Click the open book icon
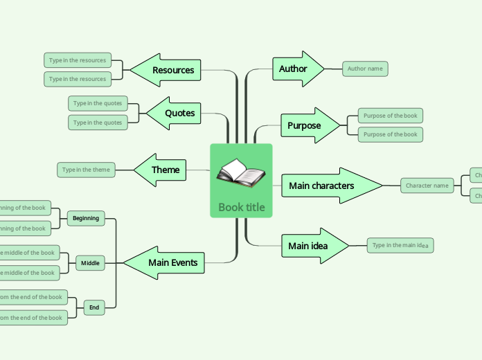click(x=240, y=174)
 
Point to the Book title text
click(x=241, y=207)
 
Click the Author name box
click(x=365, y=69)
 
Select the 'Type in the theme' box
click(x=86, y=170)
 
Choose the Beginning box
click(x=86, y=218)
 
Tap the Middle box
click(x=90, y=263)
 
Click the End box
click(x=94, y=307)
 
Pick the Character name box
click(x=427, y=186)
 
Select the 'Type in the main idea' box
click(x=400, y=245)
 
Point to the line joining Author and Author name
click(x=333, y=69)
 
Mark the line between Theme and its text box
click(x=124, y=170)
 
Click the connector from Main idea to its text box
click(x=358, y=246)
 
